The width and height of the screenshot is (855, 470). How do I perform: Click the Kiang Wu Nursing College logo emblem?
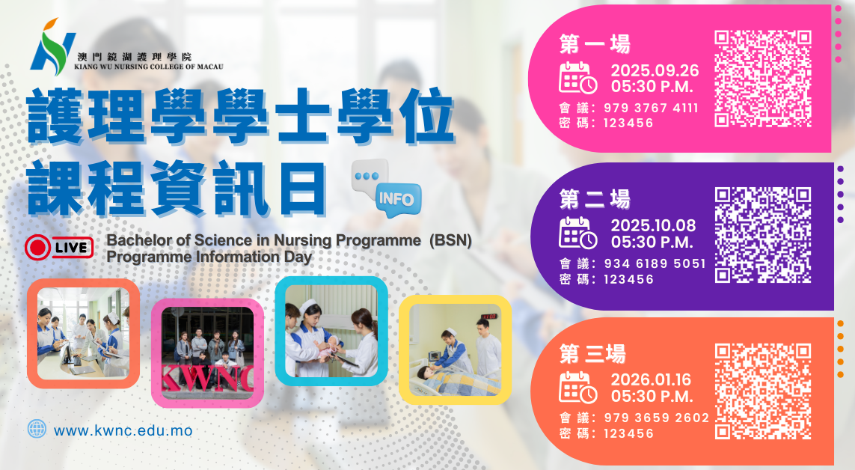[53, 47]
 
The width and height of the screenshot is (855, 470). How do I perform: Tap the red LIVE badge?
[59, 248]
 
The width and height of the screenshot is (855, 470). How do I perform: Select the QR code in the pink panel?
[763, 79]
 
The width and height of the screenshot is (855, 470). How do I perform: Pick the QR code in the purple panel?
[763, 235]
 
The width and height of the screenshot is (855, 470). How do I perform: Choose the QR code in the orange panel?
[763, 391]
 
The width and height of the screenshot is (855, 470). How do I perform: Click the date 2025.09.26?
[655, 70]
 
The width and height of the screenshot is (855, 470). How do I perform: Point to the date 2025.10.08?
[653, 226]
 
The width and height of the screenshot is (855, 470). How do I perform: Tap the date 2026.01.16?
[651, 379]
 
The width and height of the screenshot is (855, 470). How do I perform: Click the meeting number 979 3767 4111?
[651, 108]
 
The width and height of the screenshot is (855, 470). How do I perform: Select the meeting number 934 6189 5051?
[655, 264]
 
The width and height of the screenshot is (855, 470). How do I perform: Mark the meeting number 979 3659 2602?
[657, 418]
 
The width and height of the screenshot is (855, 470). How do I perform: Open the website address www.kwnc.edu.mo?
[123, 431]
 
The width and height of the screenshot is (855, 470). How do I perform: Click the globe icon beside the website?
[37, 429]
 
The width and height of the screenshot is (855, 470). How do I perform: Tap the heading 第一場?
[595, 44]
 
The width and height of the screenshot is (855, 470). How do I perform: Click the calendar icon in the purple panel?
[578, 233]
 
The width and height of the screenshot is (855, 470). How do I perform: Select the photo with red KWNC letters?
[208, 352]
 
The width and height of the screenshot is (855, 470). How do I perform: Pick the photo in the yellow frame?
[456, 350]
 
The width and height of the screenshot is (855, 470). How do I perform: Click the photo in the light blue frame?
[331, 331]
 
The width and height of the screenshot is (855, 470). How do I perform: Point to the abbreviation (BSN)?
[450, 240]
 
